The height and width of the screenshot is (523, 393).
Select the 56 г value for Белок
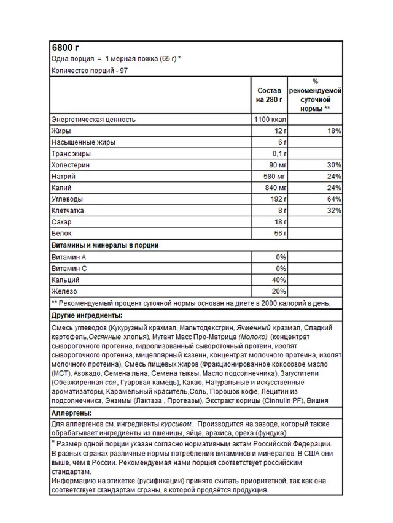point(279,234)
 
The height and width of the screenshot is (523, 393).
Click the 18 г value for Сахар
point(279,222)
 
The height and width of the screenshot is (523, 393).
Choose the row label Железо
point(64,291)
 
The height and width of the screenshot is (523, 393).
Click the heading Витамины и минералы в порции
point(104,245)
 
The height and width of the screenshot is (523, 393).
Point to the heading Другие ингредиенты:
point(85,315)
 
